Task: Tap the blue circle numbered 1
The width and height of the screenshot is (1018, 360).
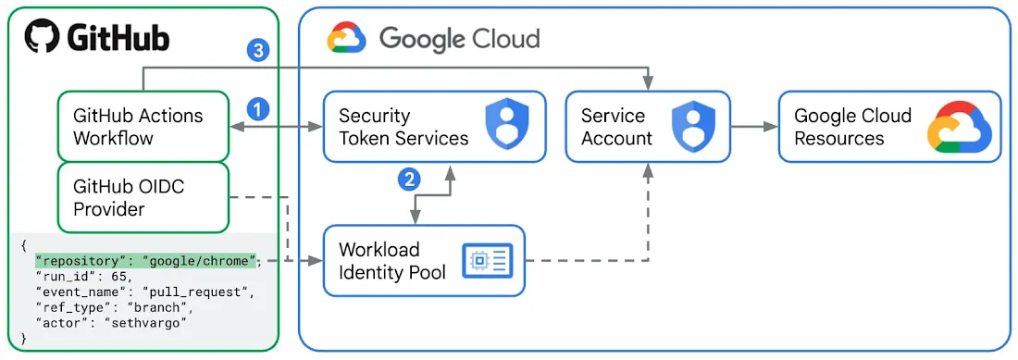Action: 258,109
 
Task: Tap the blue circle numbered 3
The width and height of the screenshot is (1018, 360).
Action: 258,50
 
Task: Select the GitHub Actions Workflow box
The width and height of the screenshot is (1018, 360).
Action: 143,127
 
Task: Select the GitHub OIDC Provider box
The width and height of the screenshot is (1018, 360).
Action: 143,197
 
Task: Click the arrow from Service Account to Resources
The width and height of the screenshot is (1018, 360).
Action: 753,127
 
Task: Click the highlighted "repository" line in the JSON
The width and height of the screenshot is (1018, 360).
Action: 145,261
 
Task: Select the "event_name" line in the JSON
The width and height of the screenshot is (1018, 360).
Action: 144,292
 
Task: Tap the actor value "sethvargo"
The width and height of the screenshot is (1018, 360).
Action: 147,322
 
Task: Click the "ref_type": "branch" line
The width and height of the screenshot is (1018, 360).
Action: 114,307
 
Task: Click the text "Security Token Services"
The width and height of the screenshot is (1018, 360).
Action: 403,127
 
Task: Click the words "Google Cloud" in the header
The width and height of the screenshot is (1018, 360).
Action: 459,39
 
